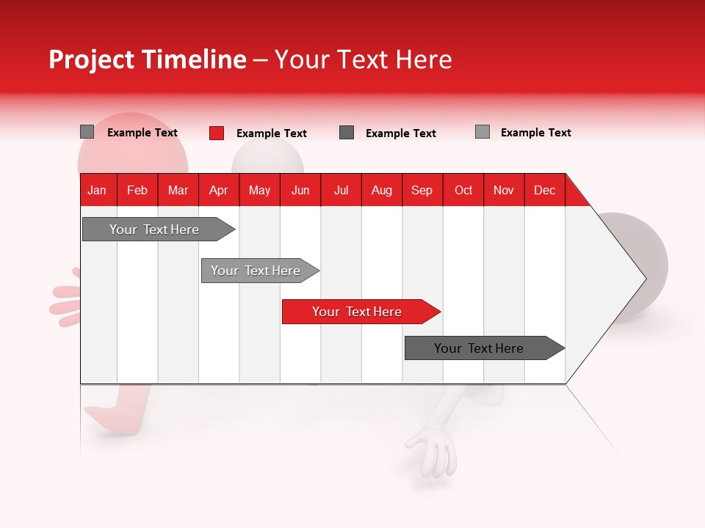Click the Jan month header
coord(97,190)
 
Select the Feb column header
coord(137,190)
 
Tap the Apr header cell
coord(218,190)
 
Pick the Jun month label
coord(300,190)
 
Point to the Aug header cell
coord(381,190)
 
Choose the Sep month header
coord(422,190)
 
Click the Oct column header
coord(463,190)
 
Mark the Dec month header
coord(544,190)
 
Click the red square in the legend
coord(217,133)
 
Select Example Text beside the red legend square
coord(271,133)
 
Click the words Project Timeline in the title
coord(148,59)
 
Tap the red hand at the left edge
coord(65,301)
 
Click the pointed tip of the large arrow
coord(643,278)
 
